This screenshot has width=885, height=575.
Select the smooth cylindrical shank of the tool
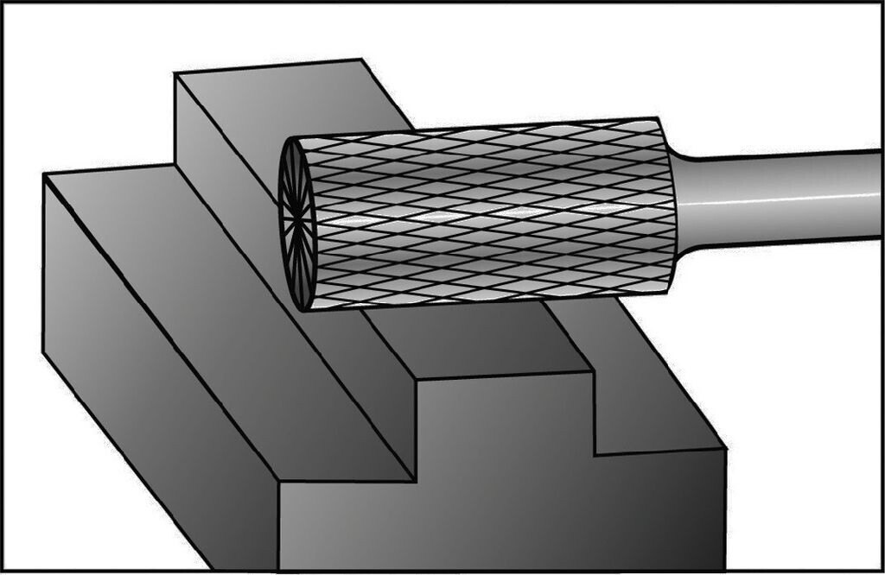[x=778, y=199]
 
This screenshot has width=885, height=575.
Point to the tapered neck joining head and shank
[x=683, y=203]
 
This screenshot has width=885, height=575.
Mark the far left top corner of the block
[x=44, y=175]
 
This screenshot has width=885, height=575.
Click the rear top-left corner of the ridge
[x=176, y=75]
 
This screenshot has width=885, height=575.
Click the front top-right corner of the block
[x=724, y=449]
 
